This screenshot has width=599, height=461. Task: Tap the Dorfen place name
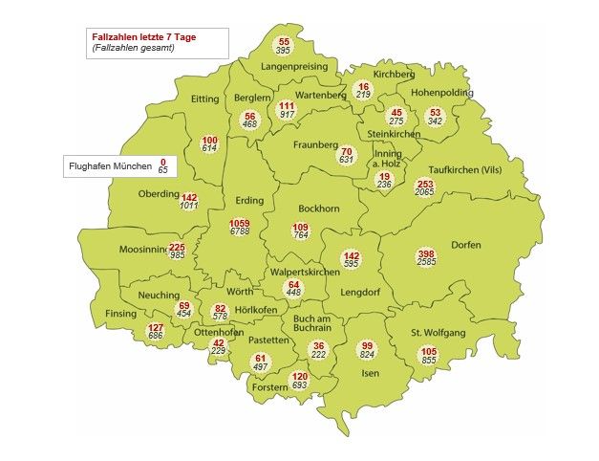click(465, 244)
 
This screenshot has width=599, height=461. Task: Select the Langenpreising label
click(294, 67)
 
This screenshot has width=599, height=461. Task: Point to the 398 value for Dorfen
click(426, 253)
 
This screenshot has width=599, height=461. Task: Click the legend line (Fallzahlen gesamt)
click(133, 47)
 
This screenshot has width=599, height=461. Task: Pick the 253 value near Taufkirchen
click(425, 184)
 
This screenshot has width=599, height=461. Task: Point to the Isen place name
click(370, 374)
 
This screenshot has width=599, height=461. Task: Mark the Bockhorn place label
click(318, 208)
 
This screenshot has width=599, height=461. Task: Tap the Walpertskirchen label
click(305, 273)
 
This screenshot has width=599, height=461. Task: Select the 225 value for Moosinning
click(177, 247)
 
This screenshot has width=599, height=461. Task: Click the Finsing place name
click(121, 313)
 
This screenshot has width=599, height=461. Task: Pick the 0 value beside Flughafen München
click(162, 162)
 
